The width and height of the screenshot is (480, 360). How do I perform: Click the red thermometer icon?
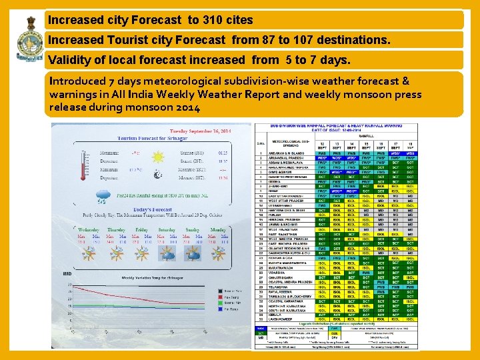coord(83,166)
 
